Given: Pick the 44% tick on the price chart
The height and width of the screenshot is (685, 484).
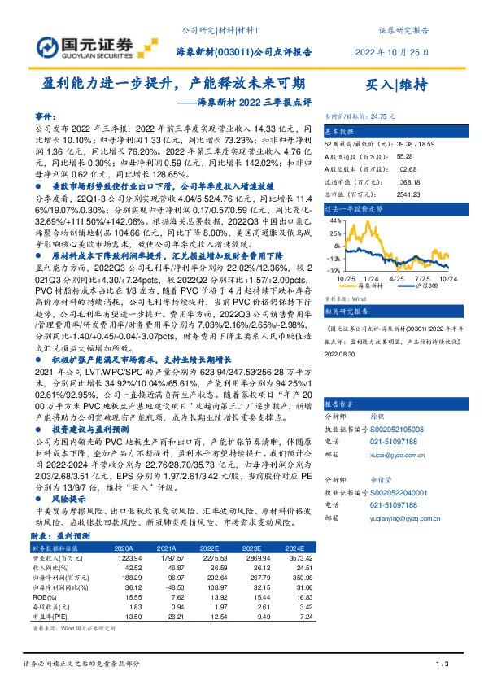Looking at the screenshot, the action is coord(335,220).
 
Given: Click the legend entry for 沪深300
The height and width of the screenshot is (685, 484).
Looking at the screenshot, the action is coord(421,286).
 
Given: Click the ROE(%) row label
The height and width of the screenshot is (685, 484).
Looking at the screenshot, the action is coord(46,597).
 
